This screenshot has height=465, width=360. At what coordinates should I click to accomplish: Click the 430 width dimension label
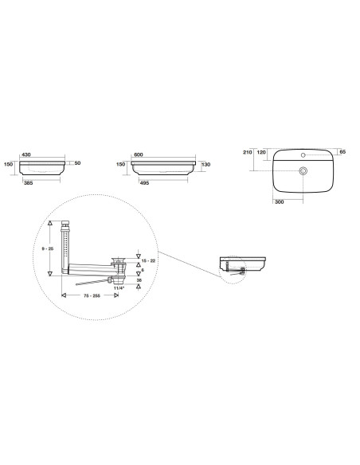[x=26, y=154]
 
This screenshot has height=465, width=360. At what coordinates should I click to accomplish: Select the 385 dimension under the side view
[x=29, y=183]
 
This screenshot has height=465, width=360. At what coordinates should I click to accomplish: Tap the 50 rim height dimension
[x=77, y=162]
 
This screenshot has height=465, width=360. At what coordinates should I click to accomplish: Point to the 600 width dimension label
[x=139, y=154]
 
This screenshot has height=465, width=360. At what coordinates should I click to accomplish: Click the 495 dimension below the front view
[x=144, y=183]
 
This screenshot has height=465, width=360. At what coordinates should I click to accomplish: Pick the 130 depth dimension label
[x=205, y=164]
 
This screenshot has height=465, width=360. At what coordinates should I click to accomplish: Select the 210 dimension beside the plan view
[x=248, y=152]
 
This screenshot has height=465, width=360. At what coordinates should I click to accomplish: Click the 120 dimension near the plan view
[x=261, y=152]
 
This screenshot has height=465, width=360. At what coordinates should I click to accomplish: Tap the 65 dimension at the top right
[x=342, y=151]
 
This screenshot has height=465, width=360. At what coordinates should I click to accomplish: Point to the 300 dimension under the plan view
[x=280, y=202]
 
